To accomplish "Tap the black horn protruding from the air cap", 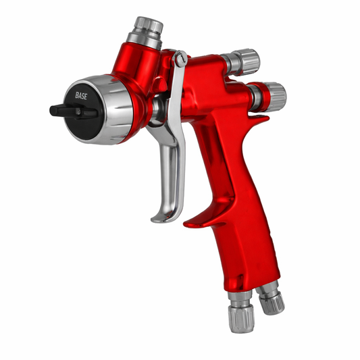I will [x=61, y=109].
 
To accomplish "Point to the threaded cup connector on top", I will [x=147, y=32].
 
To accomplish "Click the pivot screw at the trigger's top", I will [x=179, y=60].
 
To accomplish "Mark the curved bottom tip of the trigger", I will [x=159, y=217].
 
